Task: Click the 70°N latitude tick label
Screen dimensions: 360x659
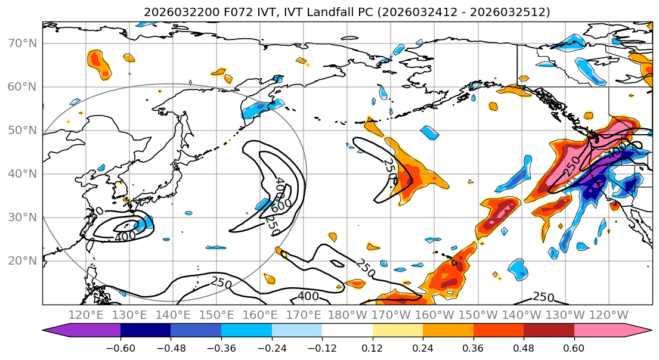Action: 21,44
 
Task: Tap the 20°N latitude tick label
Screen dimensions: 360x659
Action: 21,261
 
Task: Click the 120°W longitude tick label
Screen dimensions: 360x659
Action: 608,315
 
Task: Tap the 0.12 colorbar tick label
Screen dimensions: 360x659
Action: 372,347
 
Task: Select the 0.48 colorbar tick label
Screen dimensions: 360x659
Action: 524,347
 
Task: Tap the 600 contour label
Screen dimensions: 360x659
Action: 281,205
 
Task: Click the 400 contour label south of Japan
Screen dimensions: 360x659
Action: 125,236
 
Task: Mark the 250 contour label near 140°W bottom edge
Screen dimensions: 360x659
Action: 543,297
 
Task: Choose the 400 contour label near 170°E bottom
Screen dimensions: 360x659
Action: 308,296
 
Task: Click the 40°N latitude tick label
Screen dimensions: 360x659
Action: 21,174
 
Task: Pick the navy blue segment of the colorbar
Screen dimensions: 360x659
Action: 145,331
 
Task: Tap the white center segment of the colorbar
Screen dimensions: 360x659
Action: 347,331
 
